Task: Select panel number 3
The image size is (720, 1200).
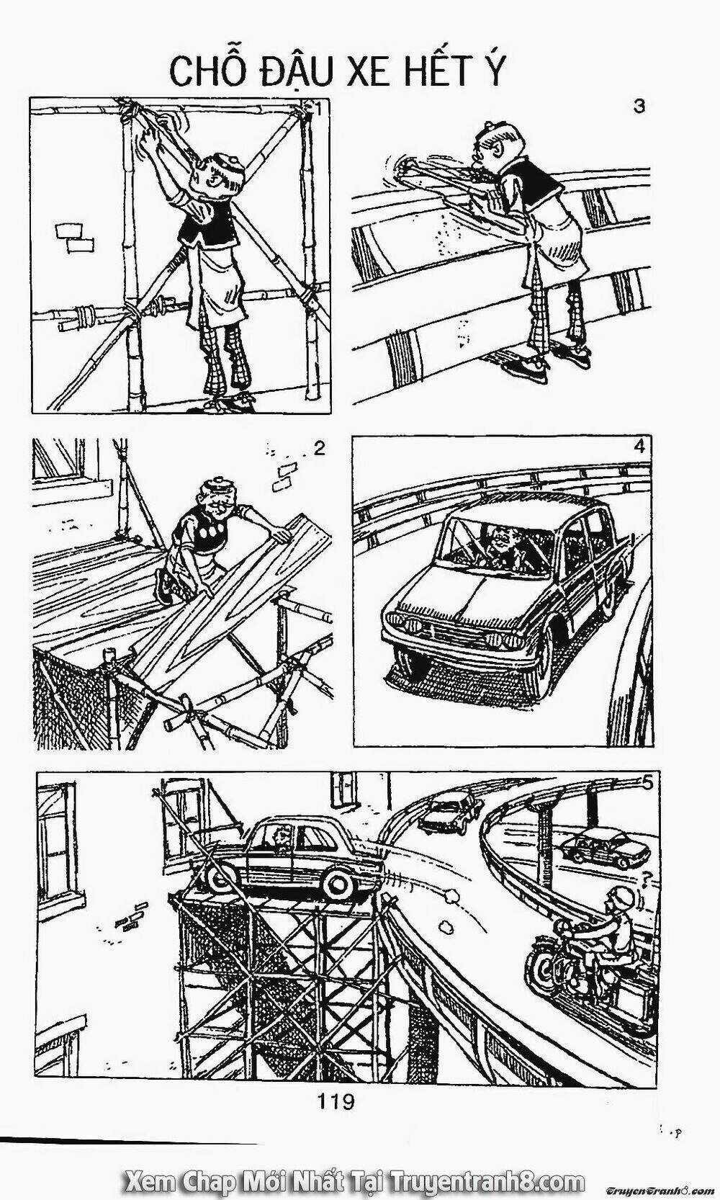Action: [639, 107]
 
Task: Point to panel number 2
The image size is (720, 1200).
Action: [319, 449]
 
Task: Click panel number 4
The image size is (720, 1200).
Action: [639, 447]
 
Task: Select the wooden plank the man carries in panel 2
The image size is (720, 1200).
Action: [230, 598]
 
